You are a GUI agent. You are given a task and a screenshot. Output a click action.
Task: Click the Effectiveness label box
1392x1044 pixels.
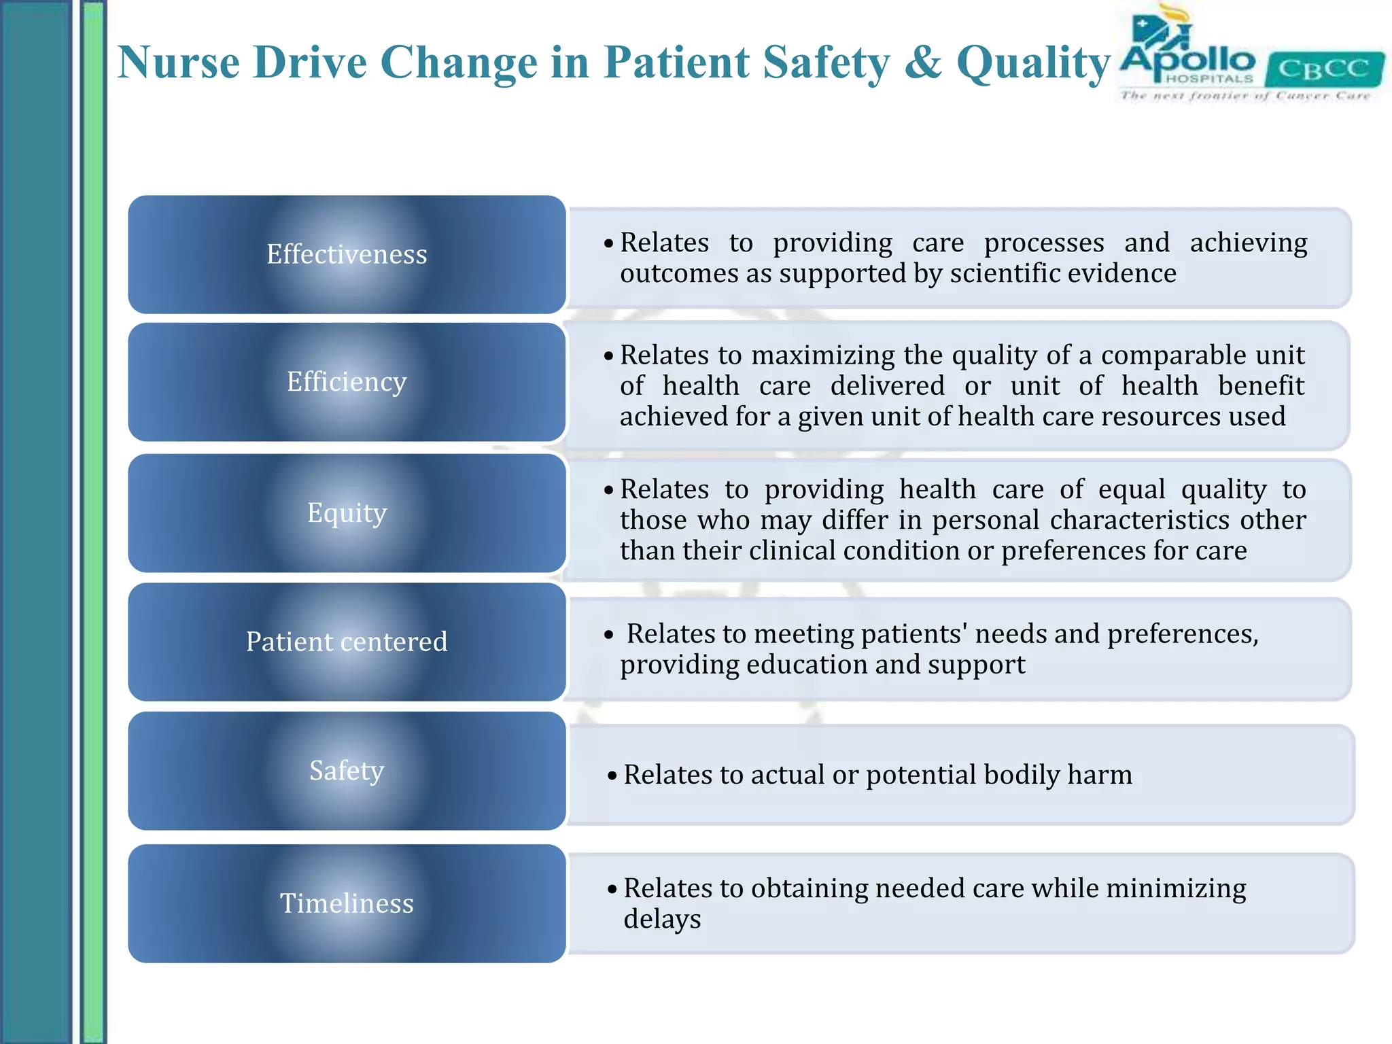pos(347,254)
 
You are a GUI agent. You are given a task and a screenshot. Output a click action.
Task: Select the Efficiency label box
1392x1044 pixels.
pos(347,382)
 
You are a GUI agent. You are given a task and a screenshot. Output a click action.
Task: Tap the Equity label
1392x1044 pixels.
pos(347,512)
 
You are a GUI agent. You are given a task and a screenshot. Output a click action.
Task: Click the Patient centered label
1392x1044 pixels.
pos(347,642)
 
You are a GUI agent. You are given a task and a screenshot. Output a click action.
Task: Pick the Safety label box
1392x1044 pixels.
pos(347,771)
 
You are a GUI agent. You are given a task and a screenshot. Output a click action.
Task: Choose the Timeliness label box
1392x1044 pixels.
pos(347,903)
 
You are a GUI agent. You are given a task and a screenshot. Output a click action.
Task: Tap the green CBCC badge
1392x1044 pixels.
pos(1324,69)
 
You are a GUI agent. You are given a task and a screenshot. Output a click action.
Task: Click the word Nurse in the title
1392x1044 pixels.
pos(179,63)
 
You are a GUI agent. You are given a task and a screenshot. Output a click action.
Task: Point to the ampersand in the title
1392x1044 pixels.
pos(924,63)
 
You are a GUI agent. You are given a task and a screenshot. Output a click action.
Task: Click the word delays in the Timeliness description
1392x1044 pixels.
pos(662,920)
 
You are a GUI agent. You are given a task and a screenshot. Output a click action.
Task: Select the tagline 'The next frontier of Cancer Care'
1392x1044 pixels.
pos(1245,96)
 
